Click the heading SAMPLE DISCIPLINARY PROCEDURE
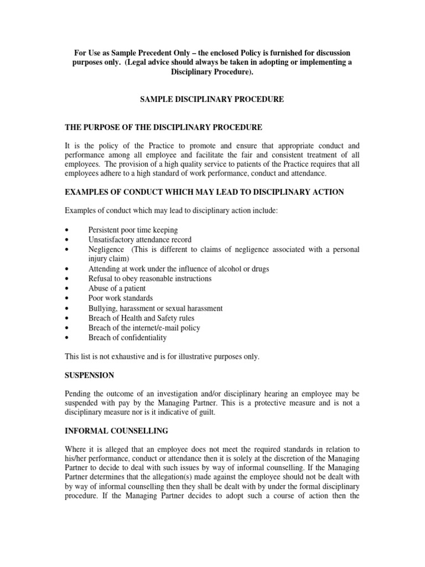click(x=212, y=99)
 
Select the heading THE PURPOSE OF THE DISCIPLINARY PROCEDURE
click(x=164, y=127)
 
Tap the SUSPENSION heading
click(x=90, y=375)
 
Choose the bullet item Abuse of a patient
click(x=117, y=288)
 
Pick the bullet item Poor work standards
click(x=121, y=298)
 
